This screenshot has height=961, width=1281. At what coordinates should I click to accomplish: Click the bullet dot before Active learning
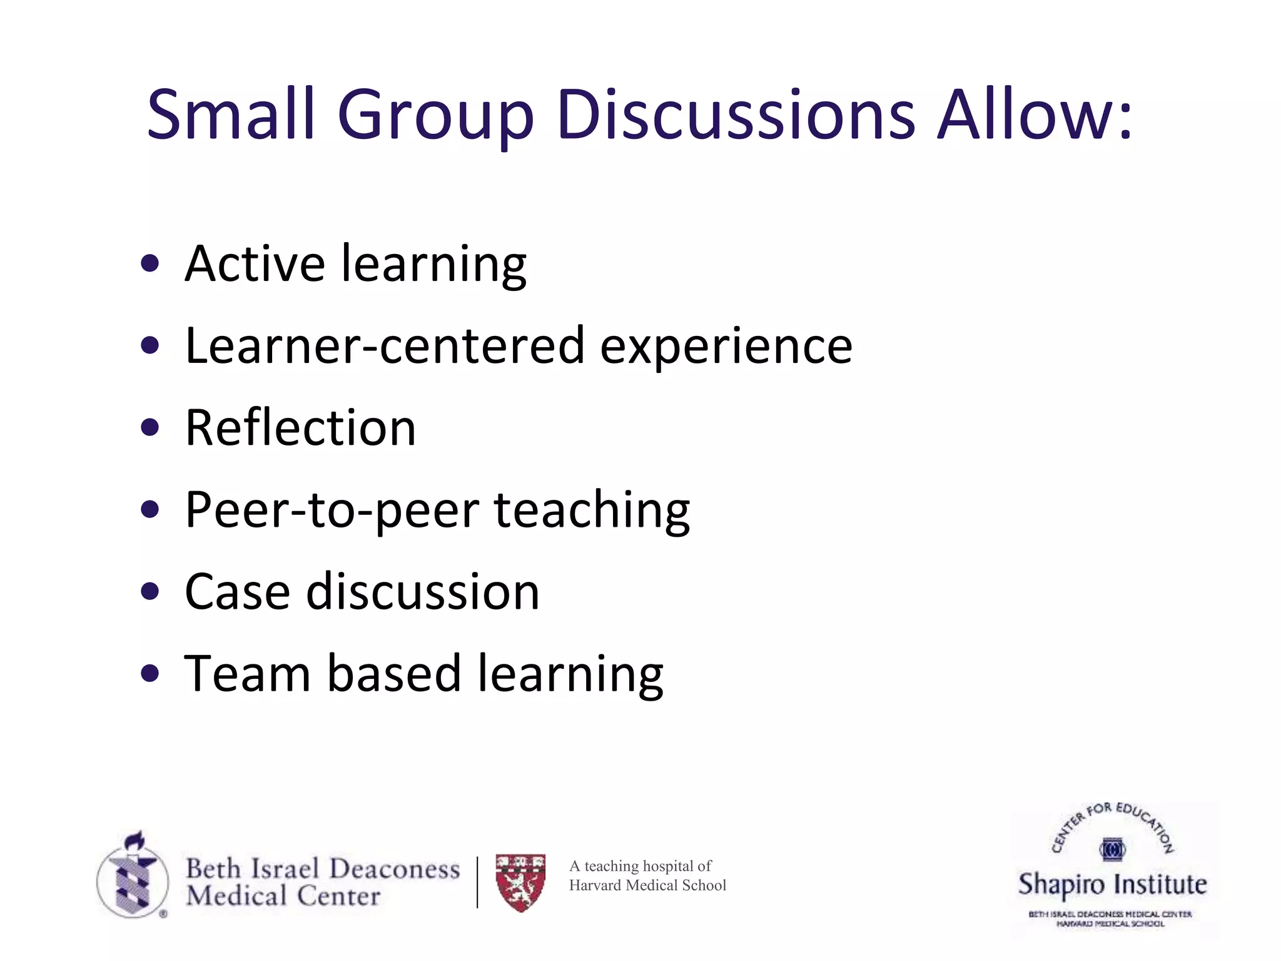[x=149, y=263]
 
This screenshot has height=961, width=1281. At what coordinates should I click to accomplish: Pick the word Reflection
[x=300, y=428]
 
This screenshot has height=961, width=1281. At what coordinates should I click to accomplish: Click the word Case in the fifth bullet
[x=237, y=592]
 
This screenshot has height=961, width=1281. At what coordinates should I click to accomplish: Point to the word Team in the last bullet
[x=247, y=674]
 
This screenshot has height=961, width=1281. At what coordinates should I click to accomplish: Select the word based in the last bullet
[x=394, y=674]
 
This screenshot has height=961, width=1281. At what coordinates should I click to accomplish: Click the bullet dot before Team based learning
[x=149, y=673]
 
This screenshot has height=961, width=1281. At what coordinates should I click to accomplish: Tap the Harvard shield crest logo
[x=520, y=882]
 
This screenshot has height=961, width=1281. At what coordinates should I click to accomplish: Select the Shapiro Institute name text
[x=1112, y=885]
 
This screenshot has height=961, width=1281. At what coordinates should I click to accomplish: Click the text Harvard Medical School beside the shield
[x=647, y=885]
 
